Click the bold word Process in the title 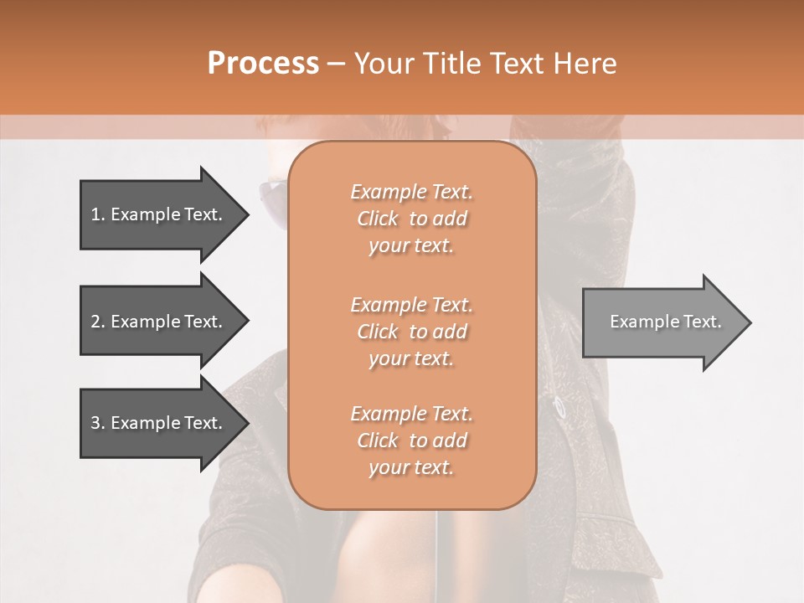[263, 63]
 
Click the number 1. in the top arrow [98, 214]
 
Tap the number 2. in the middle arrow [98, 322]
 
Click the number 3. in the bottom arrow [98, 423]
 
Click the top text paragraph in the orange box [411, 219]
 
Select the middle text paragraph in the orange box [411, 331]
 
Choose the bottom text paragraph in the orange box [411, 441]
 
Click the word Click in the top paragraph [378, 219]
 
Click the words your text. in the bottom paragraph [411, 467]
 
